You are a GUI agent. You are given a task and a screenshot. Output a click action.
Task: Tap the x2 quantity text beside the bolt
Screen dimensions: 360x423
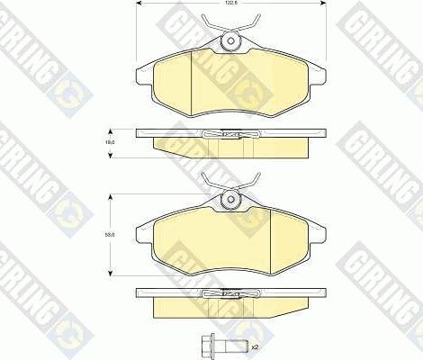[x=255, y=346]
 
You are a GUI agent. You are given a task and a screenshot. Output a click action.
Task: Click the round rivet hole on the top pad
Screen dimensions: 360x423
[x=229, y=40]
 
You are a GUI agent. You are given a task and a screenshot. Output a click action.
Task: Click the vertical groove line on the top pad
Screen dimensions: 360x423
[x=195, y=76]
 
